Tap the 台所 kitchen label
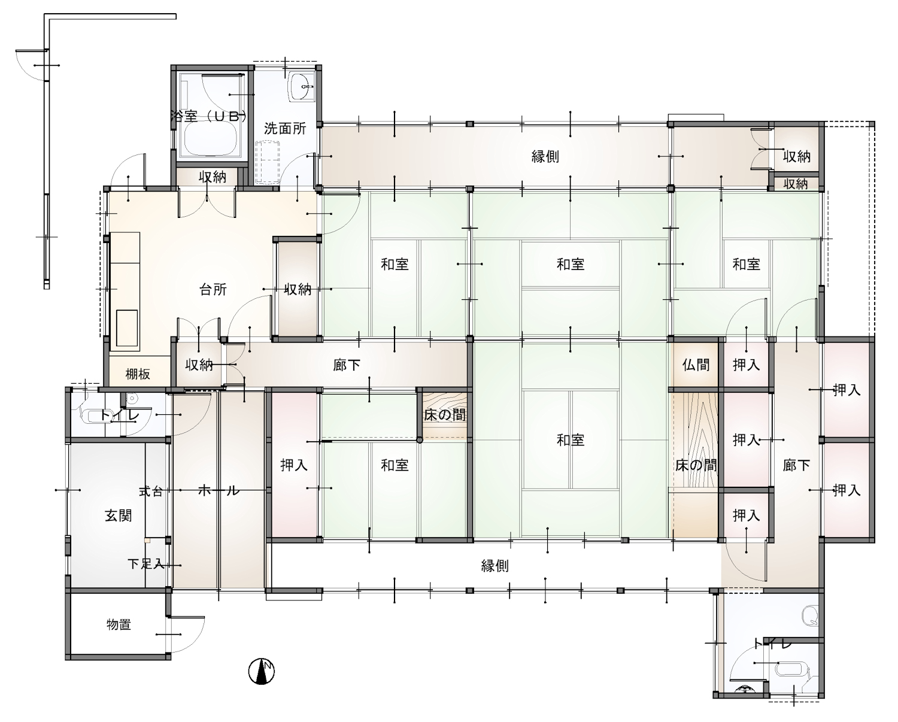(213, 289)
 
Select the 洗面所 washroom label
(285, 129)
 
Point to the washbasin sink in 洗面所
(302, 87)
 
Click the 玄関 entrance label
(119, 516)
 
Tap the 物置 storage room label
(119, 625)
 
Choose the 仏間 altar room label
(696, 365)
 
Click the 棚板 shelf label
(138, 374)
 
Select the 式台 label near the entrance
(151, 492)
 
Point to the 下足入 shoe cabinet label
(146, 564)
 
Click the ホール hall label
(219, 490)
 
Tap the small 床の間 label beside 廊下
(445, 415)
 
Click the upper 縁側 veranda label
(545, 156)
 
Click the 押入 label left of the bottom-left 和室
(294, 465)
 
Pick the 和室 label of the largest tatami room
(571, 440)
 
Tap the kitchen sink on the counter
(127, 327)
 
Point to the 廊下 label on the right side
(797, 465)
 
